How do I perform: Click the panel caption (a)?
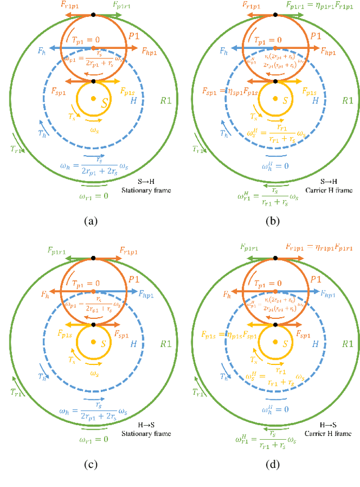point(89,221)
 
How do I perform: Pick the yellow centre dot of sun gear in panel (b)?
point(275,99)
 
